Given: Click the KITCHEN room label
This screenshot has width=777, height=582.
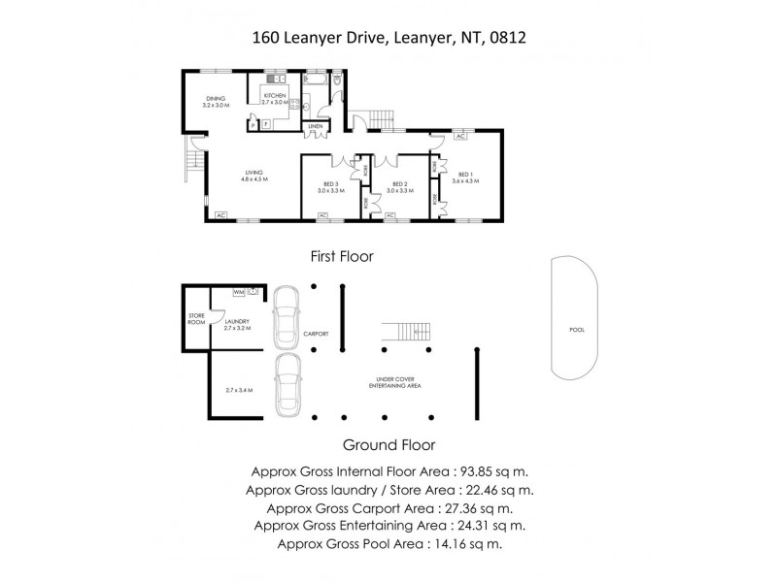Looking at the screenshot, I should coord(276,95).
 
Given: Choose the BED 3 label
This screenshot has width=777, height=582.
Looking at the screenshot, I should coord(330,184).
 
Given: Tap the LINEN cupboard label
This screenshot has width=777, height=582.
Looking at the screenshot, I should coord(315,127).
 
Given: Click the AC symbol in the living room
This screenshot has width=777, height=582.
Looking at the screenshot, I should coord(220,214).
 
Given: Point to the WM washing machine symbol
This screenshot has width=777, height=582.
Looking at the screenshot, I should coord(238,291).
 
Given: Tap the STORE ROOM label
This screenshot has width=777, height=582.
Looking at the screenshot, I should coord(195,321).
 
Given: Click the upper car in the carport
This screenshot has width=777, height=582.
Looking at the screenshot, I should coord(285,317).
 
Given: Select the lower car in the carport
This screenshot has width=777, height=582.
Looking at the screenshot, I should coord(286,386).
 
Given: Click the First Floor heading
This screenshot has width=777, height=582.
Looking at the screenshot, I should coord(342,256).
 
